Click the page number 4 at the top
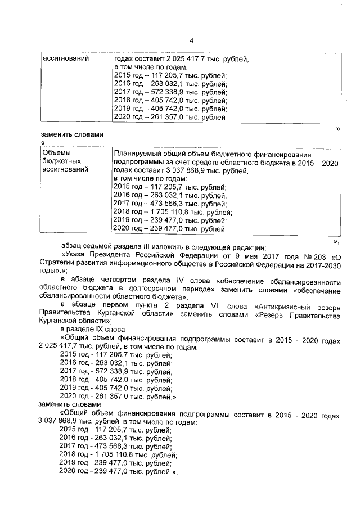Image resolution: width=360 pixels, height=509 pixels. (x=191, y=40)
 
